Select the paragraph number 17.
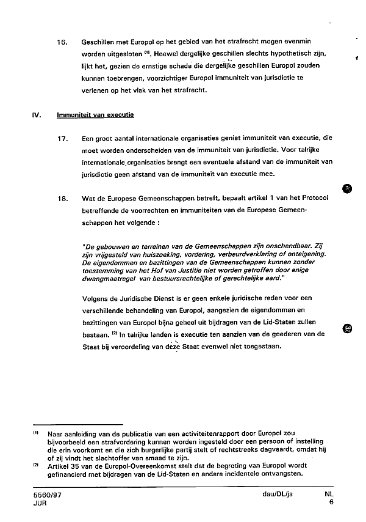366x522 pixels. [x=61, y=139]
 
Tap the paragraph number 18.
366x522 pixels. [x=61, y=199]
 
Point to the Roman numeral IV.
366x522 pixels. [x=35, y=114]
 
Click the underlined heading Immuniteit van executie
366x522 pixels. [x=95, y=114]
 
